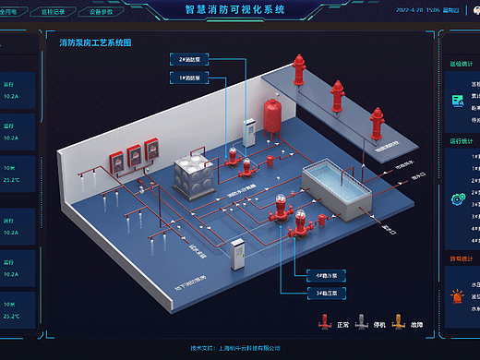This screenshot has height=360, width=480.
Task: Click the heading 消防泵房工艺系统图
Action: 95,43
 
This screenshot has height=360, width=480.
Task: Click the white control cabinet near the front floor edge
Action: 238,255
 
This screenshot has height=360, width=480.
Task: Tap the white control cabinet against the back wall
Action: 248,138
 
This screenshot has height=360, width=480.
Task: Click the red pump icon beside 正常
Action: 324,323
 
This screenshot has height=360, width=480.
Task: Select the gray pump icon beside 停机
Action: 362,323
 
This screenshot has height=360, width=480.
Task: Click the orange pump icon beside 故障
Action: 400,323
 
